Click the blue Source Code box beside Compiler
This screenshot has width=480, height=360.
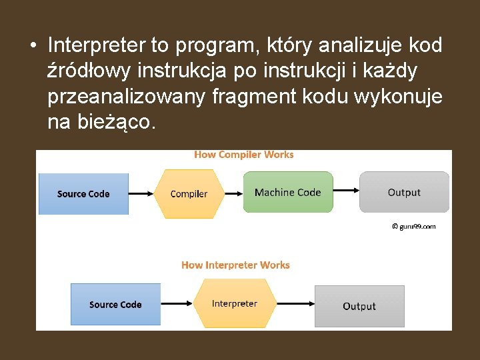coord(83,194)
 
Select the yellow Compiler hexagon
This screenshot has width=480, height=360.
coord(189,194)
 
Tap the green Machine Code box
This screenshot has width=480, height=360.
coord(287,192)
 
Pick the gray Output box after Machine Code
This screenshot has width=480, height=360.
coord(404,192)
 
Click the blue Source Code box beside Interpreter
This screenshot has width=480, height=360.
coord(115,305)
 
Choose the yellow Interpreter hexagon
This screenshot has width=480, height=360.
coord(234,304)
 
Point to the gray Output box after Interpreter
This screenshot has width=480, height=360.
coord(359,306)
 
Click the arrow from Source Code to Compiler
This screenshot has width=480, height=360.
coord(140,194)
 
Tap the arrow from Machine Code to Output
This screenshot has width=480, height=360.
coord(346,193)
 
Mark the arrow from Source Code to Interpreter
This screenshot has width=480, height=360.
coord(177,305)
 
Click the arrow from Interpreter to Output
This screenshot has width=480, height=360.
coord(295,305)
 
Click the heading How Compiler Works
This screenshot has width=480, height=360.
coord(244,155)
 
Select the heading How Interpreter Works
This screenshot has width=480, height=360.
coord(235,265)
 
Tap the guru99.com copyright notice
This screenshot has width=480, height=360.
coord(413,227)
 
